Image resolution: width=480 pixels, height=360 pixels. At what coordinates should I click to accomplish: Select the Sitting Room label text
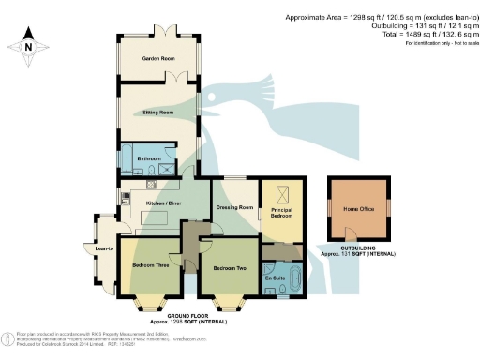pyautogui.click(x=157, y=112)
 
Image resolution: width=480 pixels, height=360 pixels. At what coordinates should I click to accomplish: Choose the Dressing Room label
pyautogui.click(x=234, y=207)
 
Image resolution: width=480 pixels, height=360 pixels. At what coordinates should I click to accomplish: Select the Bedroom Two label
pyautogui.click(x=230, y=268)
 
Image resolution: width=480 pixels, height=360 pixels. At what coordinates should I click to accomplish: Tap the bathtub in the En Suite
pyautogui.click(x=293, y=278)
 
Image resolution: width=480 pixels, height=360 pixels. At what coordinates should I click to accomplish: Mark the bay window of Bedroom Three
pyautogui.click(x=150, y=303)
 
